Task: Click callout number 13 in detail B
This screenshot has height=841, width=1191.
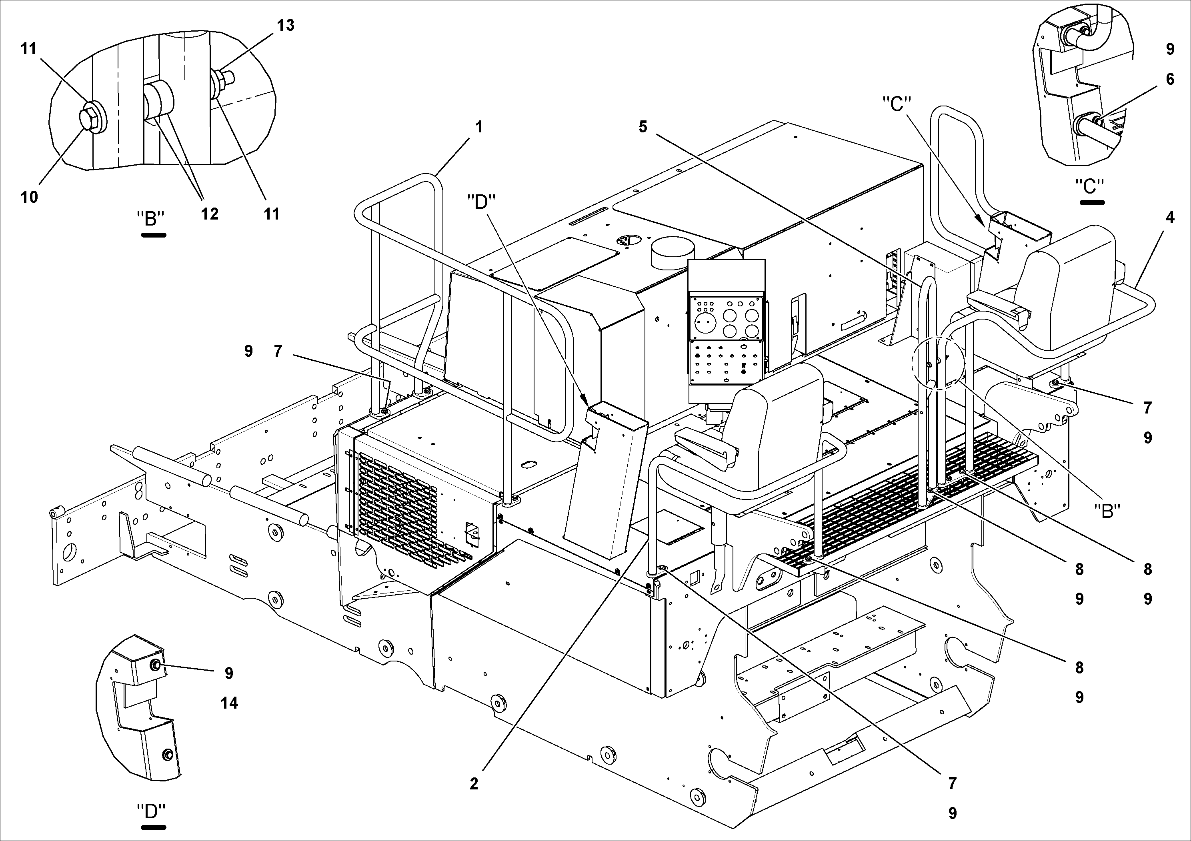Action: (x=285, y=25)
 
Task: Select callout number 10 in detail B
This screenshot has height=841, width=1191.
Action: (x=30, y=197)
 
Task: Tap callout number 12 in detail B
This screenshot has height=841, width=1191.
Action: (x=210, y=214)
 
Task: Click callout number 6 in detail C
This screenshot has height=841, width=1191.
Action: (x=1170, y=79)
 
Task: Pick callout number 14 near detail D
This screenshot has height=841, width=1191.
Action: (x=229, y=703)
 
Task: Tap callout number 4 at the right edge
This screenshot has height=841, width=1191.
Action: (x=1170, y=217)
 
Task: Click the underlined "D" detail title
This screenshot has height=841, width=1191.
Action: (x=151, y=811)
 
